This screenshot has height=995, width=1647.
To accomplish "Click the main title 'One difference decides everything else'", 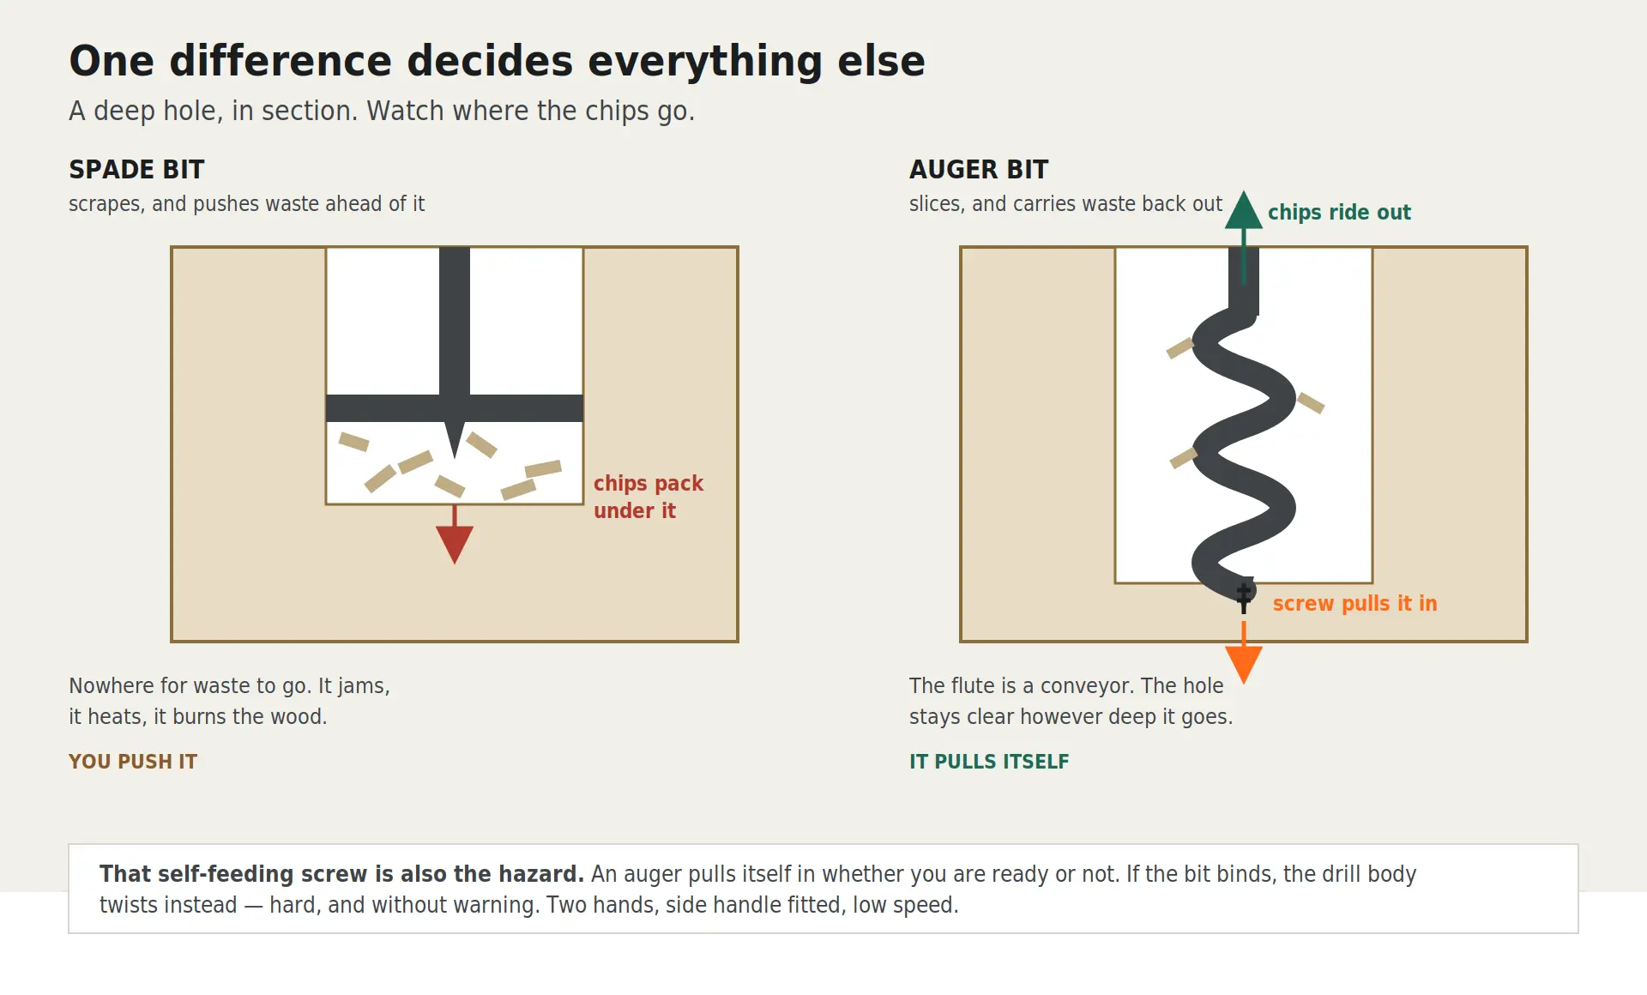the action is click(497, 61).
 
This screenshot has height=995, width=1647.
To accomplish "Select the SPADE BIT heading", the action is click(136, 169).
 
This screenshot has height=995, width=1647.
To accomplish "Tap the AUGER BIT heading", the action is click(979, 169).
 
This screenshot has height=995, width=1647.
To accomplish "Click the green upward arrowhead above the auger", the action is click(1244, 210).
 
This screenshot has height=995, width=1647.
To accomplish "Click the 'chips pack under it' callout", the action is click(649, 497).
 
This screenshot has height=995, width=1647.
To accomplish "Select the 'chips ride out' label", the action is click(1339, 212).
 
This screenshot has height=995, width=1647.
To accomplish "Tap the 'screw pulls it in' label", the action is click(1354, 603).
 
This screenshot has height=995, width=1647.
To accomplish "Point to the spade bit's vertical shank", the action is click(455, 322).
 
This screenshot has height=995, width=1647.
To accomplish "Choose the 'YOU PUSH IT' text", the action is click(133, 762).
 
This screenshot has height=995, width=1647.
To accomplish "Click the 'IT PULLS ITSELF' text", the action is click(989, 762).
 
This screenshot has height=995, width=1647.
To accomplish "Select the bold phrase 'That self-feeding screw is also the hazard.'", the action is click(341, 874).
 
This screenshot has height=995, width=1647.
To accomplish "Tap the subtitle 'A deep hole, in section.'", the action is click(214, 111).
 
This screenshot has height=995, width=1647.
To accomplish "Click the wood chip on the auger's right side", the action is click(1310, 402).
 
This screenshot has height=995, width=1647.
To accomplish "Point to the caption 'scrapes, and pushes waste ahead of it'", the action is click(246, 204).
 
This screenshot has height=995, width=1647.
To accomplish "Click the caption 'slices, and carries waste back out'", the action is click(1065, 204).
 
